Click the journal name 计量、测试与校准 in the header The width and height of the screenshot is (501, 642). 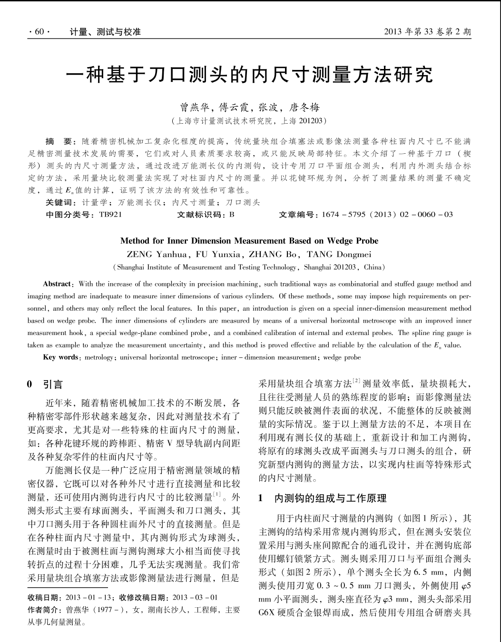[x=105, y=32]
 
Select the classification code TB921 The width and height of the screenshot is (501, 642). [x=110, y=215]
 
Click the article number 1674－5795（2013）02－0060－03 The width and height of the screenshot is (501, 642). [x=387, y=215]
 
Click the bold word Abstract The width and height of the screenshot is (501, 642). [x=57, y=284]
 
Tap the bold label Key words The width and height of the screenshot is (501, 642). [x=60, y=357]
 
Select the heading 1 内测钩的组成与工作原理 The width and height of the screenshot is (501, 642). [x=322, y=498]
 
